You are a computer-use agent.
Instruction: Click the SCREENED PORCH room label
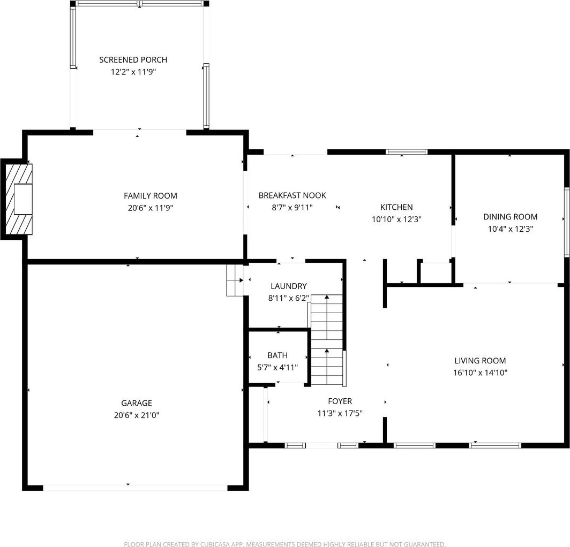coord(133,59)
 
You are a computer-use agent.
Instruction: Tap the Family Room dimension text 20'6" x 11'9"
coord(150,208)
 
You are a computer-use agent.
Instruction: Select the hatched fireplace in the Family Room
coord(19,199)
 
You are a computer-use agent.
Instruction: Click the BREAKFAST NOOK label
coord(292,195)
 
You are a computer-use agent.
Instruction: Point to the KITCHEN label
coord(396,207)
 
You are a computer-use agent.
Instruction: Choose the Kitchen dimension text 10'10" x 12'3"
coord(396,219)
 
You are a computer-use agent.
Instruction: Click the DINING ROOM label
coord(510,217)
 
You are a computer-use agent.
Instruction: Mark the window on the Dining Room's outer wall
coord(566,222)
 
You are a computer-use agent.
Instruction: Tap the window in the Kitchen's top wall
coord(407,152)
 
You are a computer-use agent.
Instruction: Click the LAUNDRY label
coord(289,286)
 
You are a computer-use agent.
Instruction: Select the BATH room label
coord(277,355)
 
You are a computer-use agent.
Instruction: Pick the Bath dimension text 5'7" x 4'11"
coord(277,368)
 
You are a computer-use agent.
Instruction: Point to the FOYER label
coord(340,401)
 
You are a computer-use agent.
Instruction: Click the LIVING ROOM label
coord(480,361)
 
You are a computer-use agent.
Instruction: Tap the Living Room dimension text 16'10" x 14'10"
coord(480,373)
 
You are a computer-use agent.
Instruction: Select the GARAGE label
coord(137,403)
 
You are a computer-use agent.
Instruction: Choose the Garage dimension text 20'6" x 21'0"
coord(137,415)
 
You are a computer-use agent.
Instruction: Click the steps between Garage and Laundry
coord(235,280)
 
